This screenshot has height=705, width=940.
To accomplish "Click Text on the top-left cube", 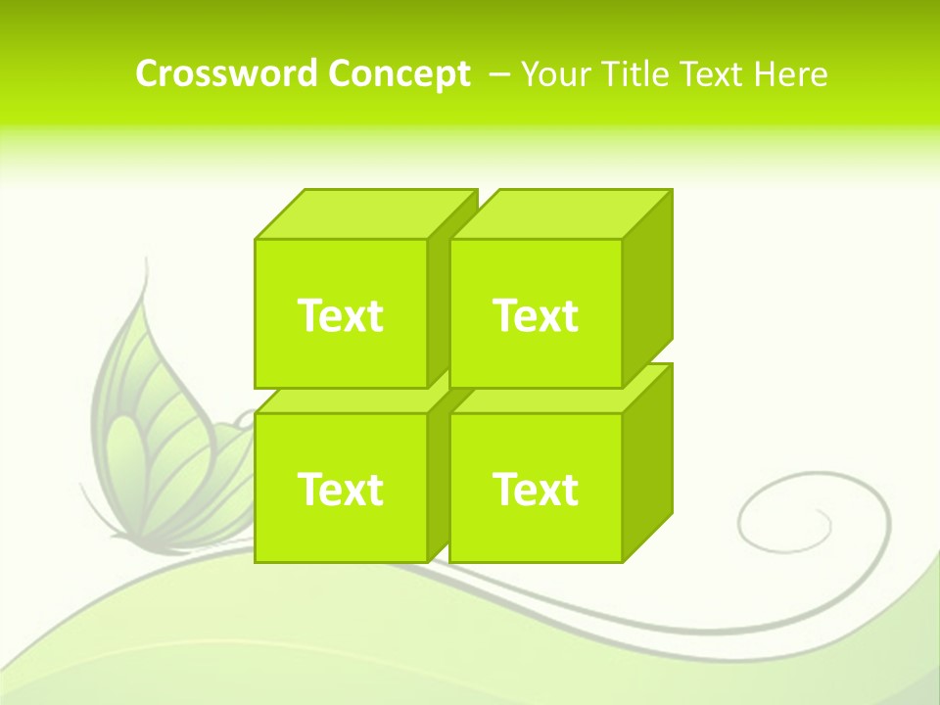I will coord(340,315).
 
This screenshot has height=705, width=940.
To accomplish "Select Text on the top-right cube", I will coord(536,315).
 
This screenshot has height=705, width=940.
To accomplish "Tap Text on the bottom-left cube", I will coord(340,489).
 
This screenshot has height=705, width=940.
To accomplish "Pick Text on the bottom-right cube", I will coord(536,489).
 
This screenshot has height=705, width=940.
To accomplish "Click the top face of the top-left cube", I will coord(364,214).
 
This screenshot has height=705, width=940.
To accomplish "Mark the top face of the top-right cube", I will coord(560,214).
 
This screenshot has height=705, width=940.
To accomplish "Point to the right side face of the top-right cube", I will coord(647,289).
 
